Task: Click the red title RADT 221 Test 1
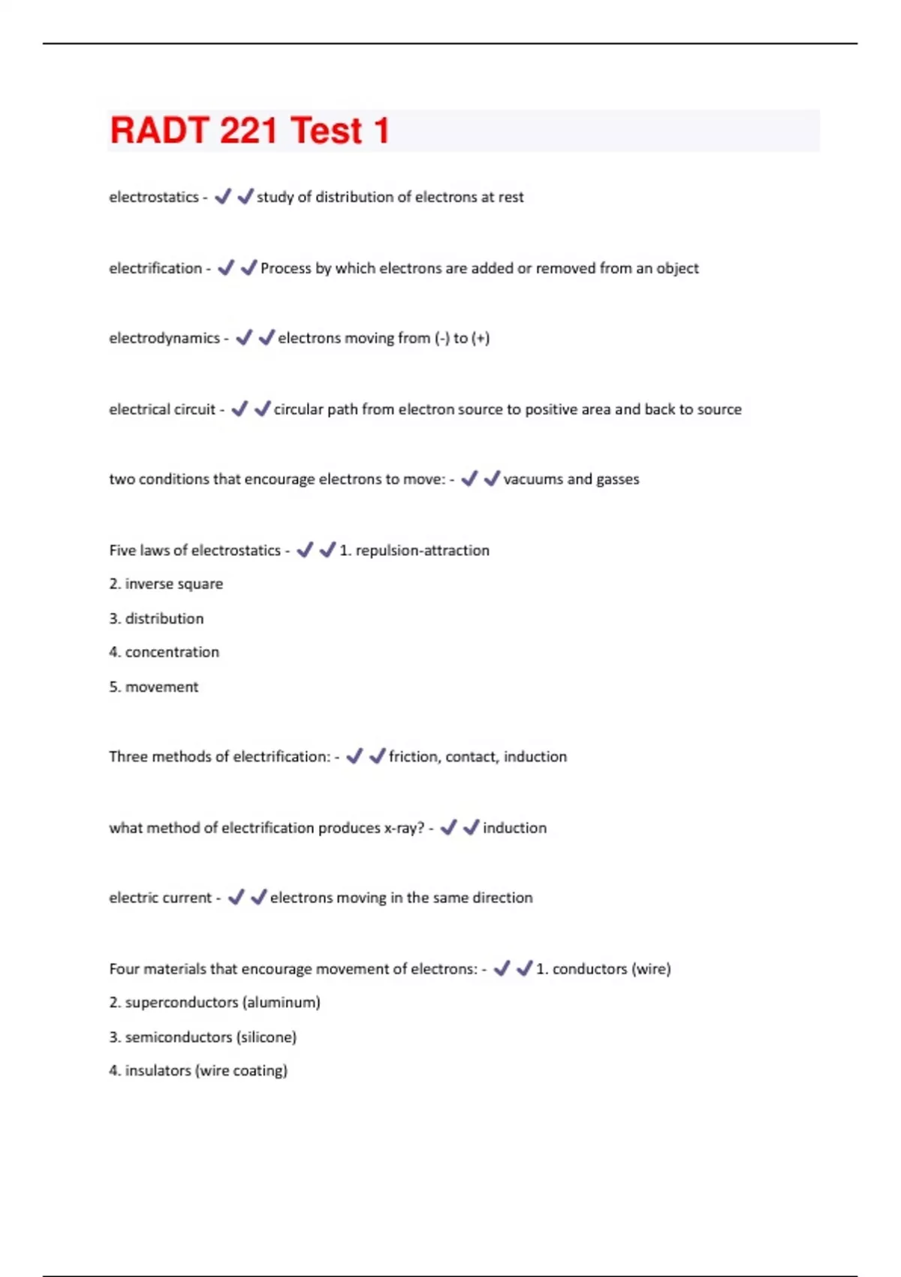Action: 249,131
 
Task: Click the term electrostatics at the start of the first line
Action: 154,198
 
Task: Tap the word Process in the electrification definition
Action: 285,269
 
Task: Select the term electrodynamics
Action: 164,339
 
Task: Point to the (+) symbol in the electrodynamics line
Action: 481,339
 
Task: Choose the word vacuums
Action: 532,479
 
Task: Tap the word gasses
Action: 618,480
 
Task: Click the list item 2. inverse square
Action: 166,584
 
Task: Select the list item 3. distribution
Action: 156,619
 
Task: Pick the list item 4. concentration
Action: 164,652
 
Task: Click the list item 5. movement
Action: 154,687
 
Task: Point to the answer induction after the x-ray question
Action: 514,828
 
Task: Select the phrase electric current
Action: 161,898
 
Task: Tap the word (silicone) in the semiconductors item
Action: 267,1037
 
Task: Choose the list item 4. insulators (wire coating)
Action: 198,1071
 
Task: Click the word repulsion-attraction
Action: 422,551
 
